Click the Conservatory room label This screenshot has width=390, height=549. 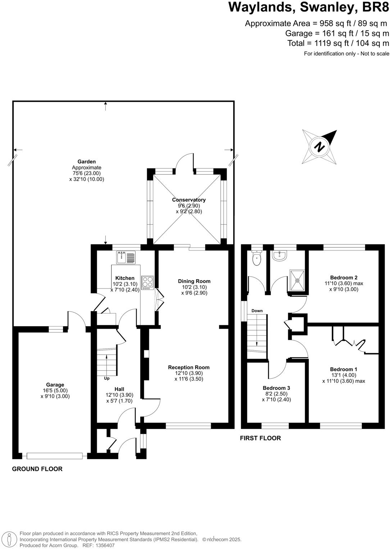point(189,200)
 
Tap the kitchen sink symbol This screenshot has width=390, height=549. point(126,258)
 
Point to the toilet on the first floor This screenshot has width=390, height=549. point(257,259)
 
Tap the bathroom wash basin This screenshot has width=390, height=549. point(280,255)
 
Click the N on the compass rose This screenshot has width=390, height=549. point(319,147)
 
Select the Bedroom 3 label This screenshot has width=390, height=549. point(276,388)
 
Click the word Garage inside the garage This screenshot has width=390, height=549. point(55,385)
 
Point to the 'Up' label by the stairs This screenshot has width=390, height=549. point(107,378)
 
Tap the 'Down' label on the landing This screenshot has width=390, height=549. point(257,311)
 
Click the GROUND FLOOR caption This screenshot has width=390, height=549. point(37,469)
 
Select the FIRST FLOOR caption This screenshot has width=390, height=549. point(260,438)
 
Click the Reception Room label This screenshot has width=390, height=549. point(189,367)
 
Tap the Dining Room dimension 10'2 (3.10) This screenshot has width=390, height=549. point(194,287)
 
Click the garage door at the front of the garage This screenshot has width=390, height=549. point(55,456)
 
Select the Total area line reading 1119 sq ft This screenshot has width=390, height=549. point(338,43)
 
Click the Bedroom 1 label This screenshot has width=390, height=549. point(344,369)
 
